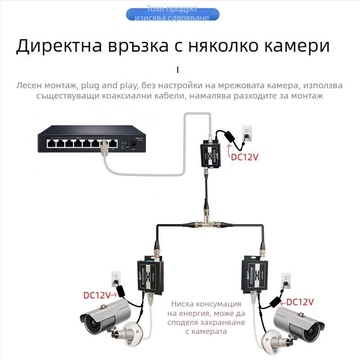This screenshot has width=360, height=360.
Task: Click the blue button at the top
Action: [173, 14]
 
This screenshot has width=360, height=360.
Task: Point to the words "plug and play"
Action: [110, 85]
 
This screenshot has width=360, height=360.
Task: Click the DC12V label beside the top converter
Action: [245, 157]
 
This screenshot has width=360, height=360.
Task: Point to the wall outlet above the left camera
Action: [117, 276]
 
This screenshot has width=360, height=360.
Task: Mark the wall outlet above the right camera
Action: [285, 279]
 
